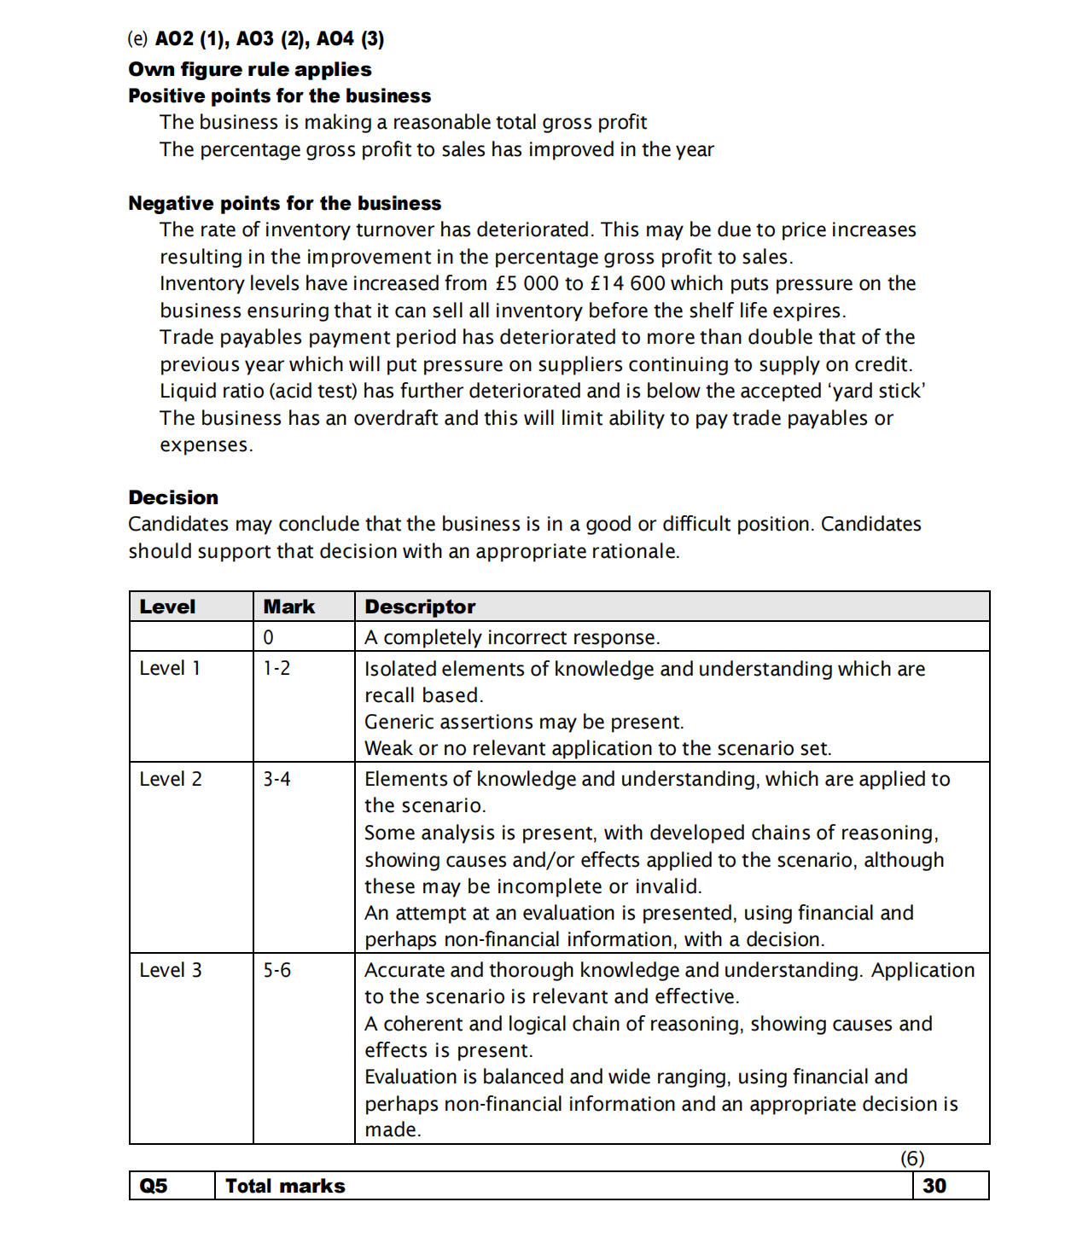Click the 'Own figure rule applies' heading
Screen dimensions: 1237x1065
249,69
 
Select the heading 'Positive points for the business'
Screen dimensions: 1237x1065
279,96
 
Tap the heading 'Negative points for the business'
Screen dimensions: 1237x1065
284,203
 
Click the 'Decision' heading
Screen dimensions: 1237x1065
173,497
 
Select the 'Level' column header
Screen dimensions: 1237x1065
167,607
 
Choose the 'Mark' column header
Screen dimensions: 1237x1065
288,607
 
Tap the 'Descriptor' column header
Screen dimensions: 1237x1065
420,607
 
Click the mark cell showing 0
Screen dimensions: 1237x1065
268,637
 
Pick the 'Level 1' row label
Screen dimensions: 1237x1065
170,668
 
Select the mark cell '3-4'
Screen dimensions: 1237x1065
276,779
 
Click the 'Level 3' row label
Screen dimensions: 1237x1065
171,970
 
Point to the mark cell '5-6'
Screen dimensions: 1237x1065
276,970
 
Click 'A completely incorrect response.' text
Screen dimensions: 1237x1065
512,637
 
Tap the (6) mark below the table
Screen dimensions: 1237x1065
912,1158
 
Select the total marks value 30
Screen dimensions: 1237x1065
934,1186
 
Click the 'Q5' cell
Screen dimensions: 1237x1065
154,1186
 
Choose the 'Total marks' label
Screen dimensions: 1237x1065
285,1186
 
